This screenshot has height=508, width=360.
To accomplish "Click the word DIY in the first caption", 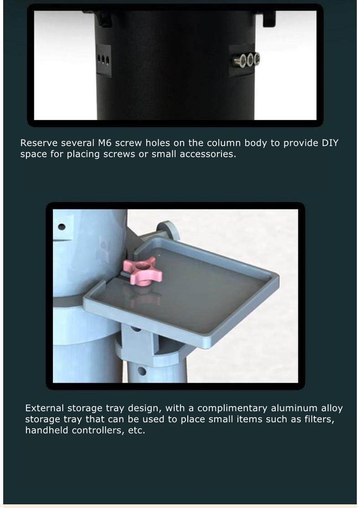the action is (330, 143).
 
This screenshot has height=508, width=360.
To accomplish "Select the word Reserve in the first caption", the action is (39, 143).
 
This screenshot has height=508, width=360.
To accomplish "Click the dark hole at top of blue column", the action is (61, 227).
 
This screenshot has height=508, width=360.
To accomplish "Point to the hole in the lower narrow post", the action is (141, 371).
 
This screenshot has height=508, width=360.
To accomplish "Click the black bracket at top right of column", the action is (269, 18).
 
